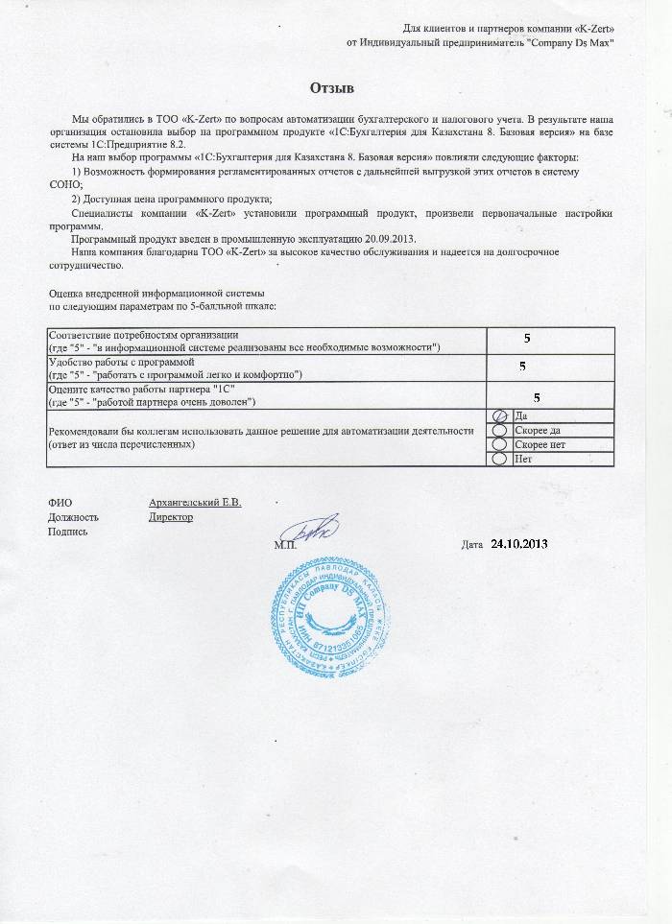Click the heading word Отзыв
332,89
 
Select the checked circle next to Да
498,415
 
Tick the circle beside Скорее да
498,430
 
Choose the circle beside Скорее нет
498,444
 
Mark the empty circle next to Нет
498,459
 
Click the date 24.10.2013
518,544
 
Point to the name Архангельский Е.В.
195,502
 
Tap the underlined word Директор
171,517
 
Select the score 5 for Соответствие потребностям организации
526,339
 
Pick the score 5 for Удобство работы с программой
522,367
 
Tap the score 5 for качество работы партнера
537,396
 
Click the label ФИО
60,502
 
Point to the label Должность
73,517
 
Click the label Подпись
67,532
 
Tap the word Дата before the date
471,545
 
